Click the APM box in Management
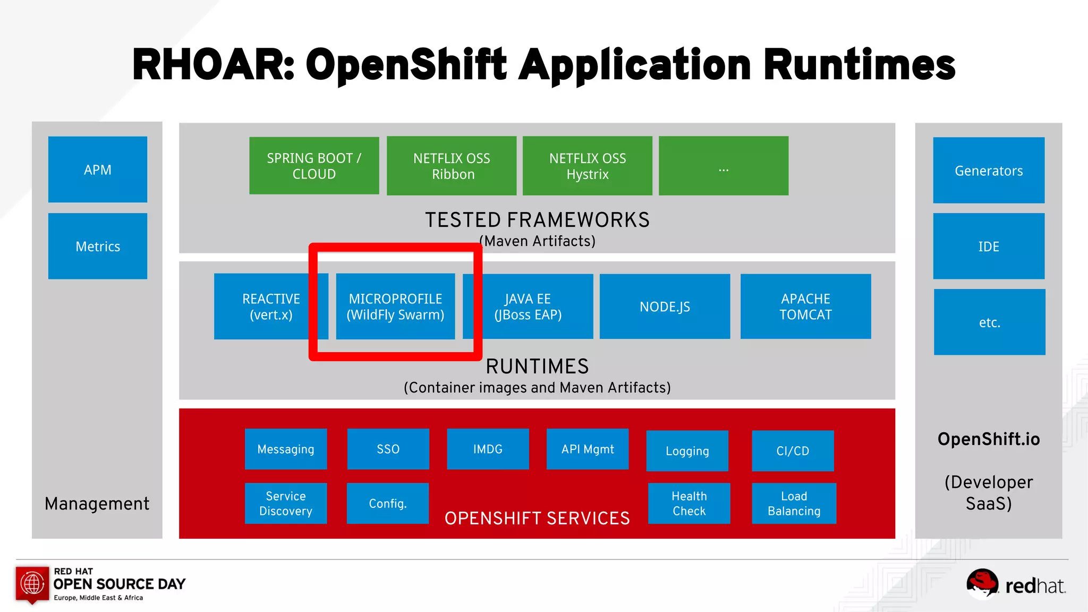pos(98,169)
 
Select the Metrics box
pos(98,246)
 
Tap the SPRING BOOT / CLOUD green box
pos(314,166)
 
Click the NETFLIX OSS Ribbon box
pos(452,166)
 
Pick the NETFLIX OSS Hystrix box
pos(588,166)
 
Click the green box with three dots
pos(724,166)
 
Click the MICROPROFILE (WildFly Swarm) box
pos(395,307)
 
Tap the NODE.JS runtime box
pos(665,307)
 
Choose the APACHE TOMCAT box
pos(805,307)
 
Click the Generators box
pos(989,171)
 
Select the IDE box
pos(989,246)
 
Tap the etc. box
pos(989,322)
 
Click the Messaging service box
pos(286,449)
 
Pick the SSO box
pos(388,449)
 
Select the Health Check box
pos(689,503)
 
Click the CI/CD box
pos(793,450)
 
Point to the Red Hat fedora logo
pos(982,583)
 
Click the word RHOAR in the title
pos(213,65)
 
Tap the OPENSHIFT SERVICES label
pos(537,518)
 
